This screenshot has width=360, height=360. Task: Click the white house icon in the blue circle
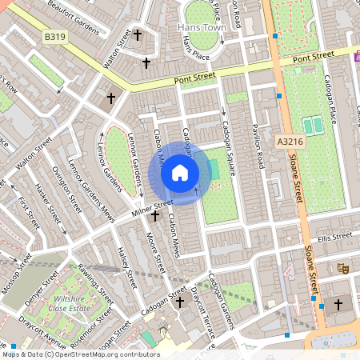[x=180, y=173]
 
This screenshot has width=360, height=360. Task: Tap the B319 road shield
[x=55, y=38]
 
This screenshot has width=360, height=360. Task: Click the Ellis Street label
[x=334, y=238]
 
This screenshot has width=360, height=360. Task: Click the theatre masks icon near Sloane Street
[x=343, y=269]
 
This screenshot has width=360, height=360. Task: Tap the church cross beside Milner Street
[x=154, y=216]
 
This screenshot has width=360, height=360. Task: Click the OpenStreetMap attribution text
[x=80, y=354]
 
